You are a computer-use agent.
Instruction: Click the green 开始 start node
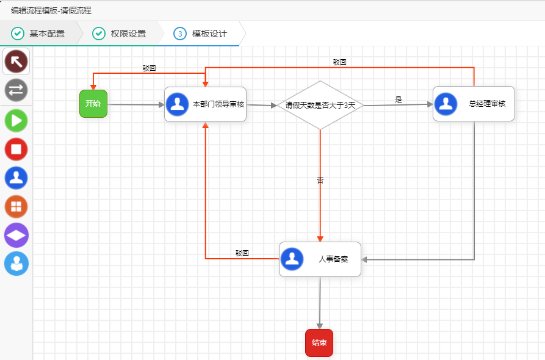coord(93,104)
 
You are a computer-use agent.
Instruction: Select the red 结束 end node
coord(319,343)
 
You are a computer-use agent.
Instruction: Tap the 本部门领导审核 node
coord(205,104)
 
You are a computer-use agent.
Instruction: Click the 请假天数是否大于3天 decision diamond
coord(320,105)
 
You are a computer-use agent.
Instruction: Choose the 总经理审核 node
coord(474,104)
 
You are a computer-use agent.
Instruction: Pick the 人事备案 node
coord(320,259)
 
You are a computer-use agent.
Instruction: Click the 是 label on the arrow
coord(399,99)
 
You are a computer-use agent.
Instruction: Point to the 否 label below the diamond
coord(320,181)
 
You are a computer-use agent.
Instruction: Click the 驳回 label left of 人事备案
coord(242,253)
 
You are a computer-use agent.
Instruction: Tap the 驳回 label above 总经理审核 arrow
coord(339,62)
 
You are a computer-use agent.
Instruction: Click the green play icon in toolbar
coord(16,120)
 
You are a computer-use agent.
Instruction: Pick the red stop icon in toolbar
coord(16,149)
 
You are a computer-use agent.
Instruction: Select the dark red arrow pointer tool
coord(16,61)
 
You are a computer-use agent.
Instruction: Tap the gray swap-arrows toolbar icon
coord(16,90)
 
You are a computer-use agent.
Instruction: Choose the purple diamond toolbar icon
coord(16,235)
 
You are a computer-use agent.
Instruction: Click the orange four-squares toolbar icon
coord(16,206)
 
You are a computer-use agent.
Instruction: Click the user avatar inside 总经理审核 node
coord(446,104)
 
